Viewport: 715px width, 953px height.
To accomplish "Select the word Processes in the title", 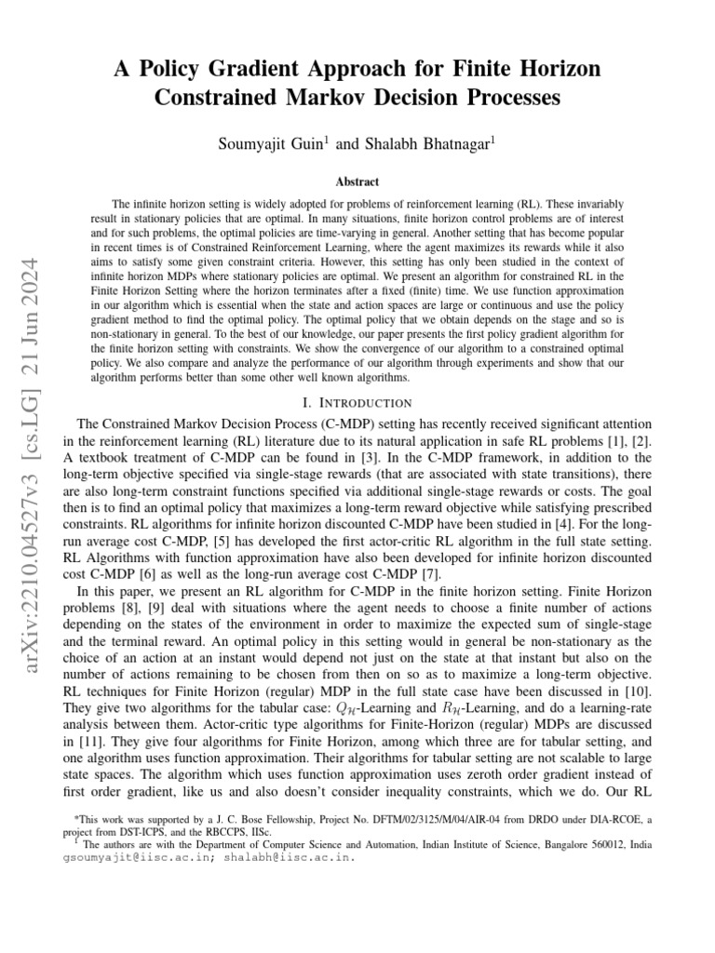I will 509,97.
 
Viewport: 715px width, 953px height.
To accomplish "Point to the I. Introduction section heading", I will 357,403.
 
